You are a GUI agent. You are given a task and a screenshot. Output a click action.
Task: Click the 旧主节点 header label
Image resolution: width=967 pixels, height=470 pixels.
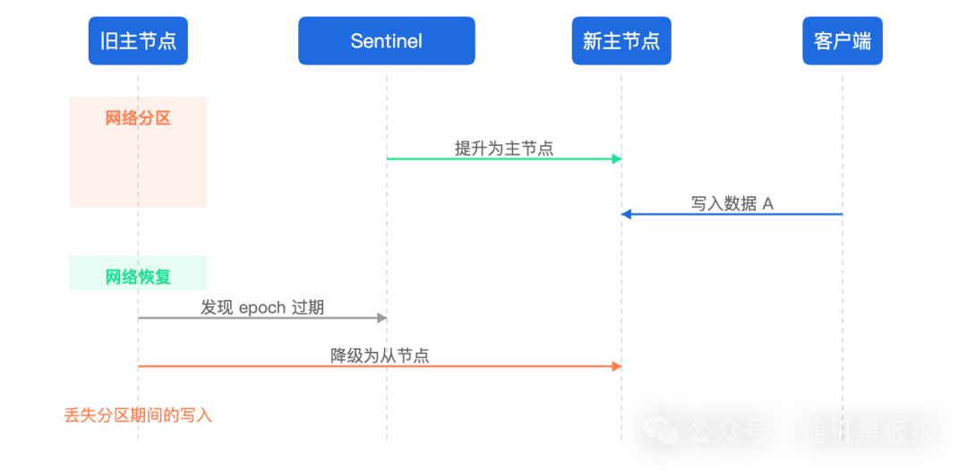point(139,41)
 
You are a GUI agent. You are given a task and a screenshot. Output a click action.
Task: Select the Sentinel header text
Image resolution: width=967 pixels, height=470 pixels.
point(386,41)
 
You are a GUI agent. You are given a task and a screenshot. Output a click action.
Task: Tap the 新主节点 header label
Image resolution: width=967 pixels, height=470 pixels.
point(621,41)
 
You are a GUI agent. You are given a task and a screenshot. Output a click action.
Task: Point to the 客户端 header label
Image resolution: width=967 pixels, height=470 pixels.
point(842,41)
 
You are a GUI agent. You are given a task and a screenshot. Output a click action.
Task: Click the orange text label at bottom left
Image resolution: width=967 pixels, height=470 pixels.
point(134,416)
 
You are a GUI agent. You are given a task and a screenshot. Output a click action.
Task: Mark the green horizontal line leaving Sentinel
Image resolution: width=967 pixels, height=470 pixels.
point(497,160)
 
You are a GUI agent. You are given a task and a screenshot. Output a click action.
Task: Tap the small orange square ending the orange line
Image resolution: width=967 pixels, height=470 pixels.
point(616,367)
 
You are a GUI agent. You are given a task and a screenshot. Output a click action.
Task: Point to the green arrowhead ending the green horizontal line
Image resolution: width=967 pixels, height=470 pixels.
point(616,160)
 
